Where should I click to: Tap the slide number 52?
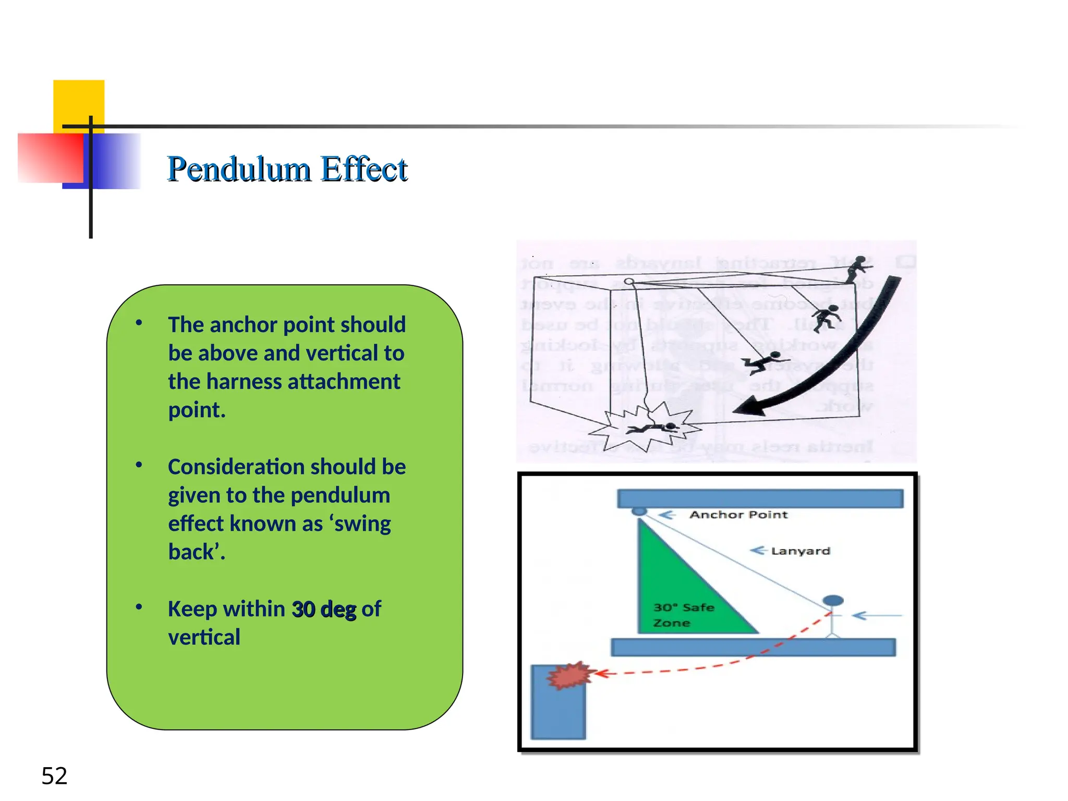pos(54,775)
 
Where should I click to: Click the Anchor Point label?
pos(738,515)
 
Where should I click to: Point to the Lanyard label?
pos(800,551)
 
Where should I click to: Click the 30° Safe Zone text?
pos(683,615)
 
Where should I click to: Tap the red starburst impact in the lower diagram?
pos(569,676)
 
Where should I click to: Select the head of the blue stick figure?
pos(833,601)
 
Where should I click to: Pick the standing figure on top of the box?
pos(857,269)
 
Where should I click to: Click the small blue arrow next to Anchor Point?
pos(667,515)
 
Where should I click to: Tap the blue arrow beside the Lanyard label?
pos(758,551)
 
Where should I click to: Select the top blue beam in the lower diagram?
pos(760,498)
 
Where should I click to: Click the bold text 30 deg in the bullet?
pos(324,609)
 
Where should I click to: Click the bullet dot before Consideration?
pos(139,465)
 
